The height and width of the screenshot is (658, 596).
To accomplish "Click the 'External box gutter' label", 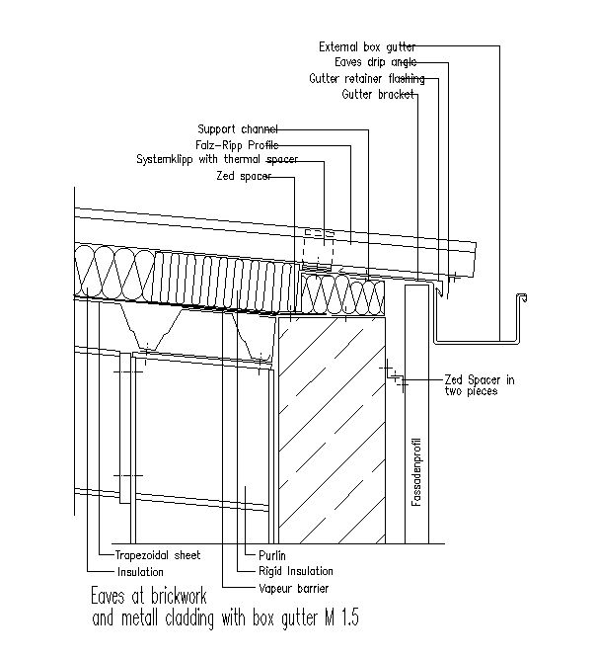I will [367, 46].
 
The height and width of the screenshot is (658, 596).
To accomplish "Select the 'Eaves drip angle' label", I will [375, 62].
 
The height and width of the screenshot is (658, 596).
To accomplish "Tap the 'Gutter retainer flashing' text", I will [366, 78].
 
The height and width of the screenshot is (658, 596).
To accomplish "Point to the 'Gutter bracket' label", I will [378, 95].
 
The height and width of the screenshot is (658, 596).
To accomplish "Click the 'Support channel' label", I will [238, 128].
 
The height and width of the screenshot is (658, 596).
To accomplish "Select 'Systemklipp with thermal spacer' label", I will [216, 159].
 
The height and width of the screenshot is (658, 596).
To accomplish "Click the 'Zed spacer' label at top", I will [244, 176].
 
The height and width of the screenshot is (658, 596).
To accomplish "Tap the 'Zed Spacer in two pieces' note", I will [479, 385].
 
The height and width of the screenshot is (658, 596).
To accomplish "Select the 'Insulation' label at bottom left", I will [140, 571].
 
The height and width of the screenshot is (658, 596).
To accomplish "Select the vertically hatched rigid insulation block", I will [226, 276].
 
